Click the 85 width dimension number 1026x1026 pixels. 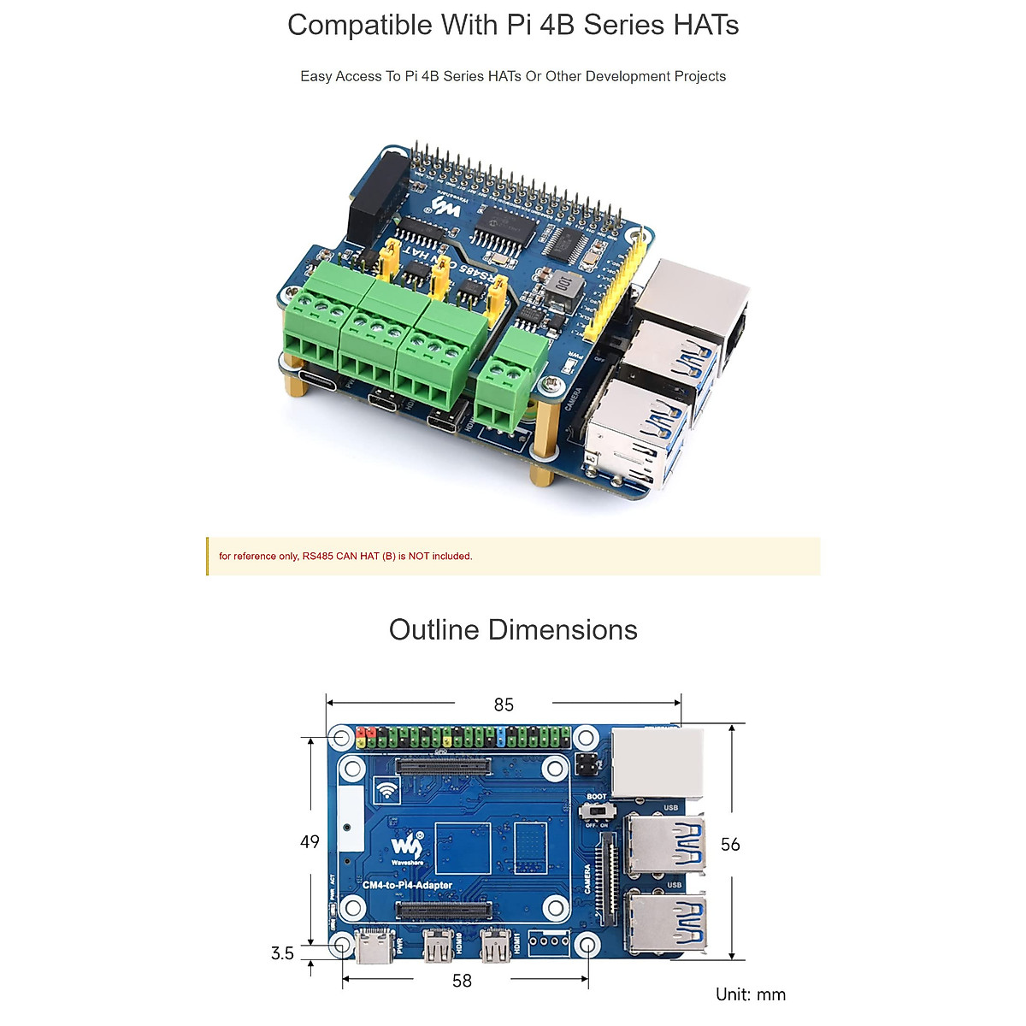(x=504, y=705)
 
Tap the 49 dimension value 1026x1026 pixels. (x=310, y=842)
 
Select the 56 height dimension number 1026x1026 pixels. (x=729, y=845)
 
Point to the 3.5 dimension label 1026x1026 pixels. (x=282, y=953)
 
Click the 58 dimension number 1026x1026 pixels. (x=462, y=981)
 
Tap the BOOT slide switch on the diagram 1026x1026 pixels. (x=597, y=809)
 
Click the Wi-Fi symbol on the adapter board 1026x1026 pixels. (x=387, y=791)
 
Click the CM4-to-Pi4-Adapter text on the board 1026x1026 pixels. (x=408, y=886)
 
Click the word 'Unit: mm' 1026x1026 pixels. (x=750, y=994)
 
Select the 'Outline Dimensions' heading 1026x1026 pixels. (x=513, y=630)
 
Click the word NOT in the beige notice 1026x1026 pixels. (x=418, y=557)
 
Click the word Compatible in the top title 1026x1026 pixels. (x=360, y=25)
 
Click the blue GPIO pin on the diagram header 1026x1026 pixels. (x=500, y=735)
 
